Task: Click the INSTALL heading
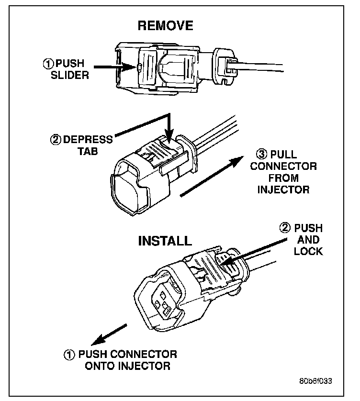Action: tap(165, 240)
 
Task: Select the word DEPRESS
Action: tap(88, 140)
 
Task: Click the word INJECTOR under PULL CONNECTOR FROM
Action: tap(283, 189)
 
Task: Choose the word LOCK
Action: tap(308, 251)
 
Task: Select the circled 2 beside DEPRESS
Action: tap(56, 140)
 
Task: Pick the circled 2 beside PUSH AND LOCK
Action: tap(286, 228)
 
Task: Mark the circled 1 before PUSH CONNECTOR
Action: tap(69, 355)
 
